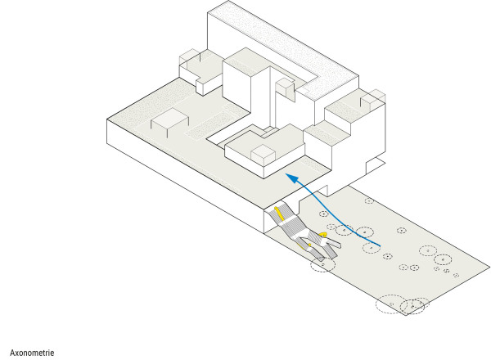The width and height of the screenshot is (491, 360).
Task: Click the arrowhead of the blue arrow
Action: click(288, 175)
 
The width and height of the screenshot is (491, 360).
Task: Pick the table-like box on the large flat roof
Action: click(170, 123)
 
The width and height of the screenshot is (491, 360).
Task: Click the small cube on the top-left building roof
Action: click(189, 59)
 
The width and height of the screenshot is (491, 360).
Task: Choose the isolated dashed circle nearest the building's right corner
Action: click(369, 199)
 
